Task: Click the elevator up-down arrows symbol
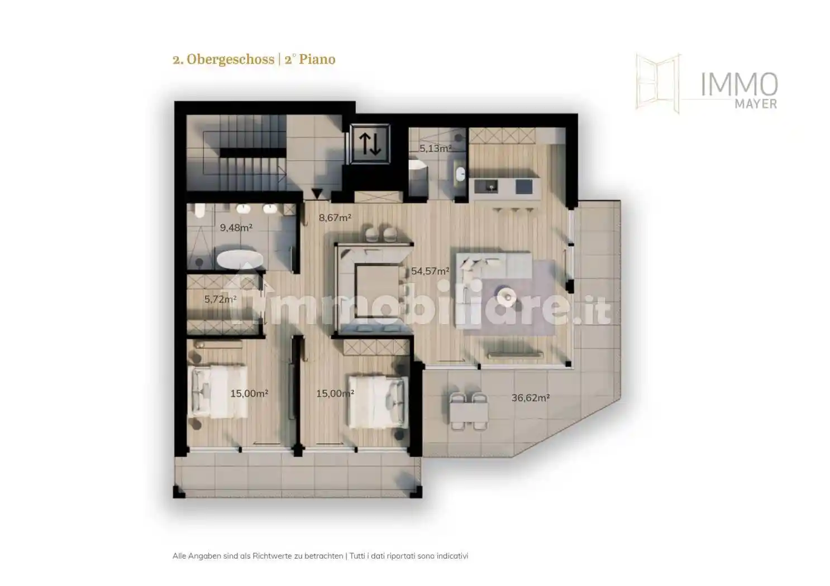click(370, 143)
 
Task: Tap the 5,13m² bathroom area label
click(435, 148)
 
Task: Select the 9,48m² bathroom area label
click(236, 227)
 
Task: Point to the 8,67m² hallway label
click(335, 218)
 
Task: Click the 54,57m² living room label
click(430, 271)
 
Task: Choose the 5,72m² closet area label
click(221, 299)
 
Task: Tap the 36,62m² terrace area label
click(530, 397)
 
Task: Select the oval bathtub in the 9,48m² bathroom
click(240, 260)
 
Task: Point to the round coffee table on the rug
click(508, 296)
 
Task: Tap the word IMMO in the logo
click(739, 85)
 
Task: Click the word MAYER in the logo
click(756, 104)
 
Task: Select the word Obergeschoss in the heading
click(230, 59)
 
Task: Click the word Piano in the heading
click(317, 59)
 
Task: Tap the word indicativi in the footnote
click(452, 566)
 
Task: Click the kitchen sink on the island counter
click(491, 186)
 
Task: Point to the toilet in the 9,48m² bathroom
click(200, 210)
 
